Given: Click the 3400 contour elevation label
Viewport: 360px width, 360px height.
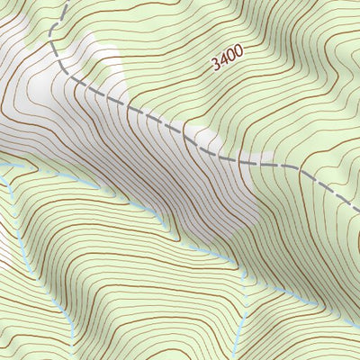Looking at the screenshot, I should point(228,63).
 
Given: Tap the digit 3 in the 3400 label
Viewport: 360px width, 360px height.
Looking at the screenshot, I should point(216,66).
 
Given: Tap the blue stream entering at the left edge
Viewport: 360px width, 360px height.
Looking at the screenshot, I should point(2,167).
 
